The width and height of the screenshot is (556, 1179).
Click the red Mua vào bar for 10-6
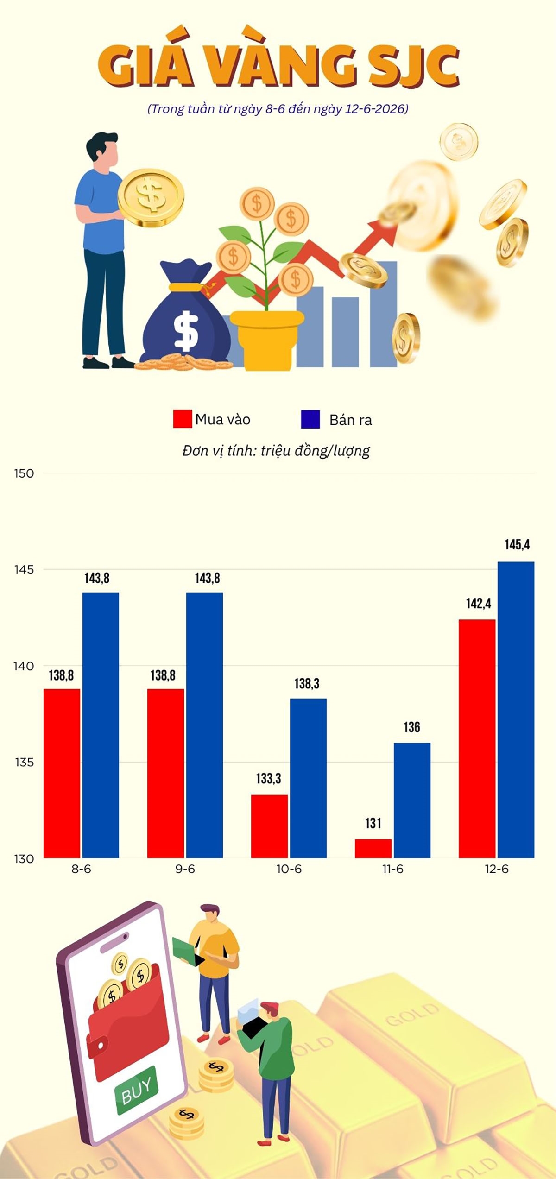pyautogui.click(x=269, y=826)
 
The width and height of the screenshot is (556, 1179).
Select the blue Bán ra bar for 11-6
pyautogui.click(x=412, y=801)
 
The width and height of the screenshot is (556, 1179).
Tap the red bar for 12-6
pyautogui.click(x=477, y=739)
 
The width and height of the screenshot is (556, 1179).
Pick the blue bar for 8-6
pyautogui.click(x=101, y=725)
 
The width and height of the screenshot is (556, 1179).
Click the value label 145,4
pyautogui.click(x=517, y=545)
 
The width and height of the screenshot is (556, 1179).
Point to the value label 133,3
pyautogui.click(x=269, y=779)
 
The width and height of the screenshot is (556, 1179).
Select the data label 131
pyautogui.click(x=373, y=823)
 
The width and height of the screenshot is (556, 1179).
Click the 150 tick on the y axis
pyautogui.click(x=24, y=473)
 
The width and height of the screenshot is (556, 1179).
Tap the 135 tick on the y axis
pyautogui.click(x=24, y=762)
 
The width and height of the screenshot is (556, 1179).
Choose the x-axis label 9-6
pyautogui.click(x=185, y=869)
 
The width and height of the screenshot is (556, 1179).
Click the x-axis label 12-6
pyautogui.click(x=497, y=869)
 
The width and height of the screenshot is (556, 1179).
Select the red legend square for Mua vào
pyautogui.click(x=183, y=419)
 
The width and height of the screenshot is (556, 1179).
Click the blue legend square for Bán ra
pyautogui.click(x=310, y=419)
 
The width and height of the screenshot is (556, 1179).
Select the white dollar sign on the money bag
pyautogui.click(x=186, y=330)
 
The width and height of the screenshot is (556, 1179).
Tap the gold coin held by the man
pyautogui.click(x=151, y=197)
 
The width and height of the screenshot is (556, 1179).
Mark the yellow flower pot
pyautogui.click(x=267, y=340)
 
